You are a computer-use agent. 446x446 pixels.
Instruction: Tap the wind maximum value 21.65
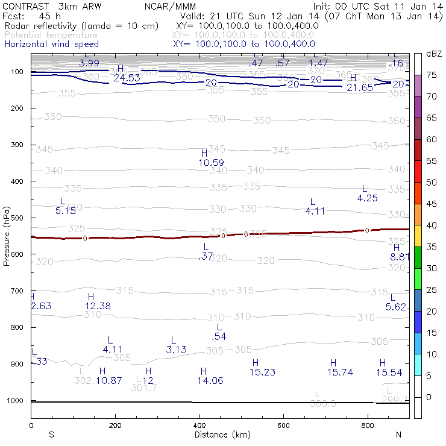tap(362, 87)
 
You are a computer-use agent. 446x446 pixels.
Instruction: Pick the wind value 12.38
tap(98, 306)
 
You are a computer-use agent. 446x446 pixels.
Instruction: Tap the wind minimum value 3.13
tap(177, 350)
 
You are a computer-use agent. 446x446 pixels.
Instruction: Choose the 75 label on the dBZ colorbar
tap(432, 75)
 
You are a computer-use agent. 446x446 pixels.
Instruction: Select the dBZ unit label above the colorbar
tap(434, 54)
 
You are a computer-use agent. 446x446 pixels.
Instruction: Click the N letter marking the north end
tap(398, 435)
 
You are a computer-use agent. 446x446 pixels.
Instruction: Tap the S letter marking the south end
tap(52, 435)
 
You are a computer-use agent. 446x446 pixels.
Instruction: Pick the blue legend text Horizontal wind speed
tap(52, 44)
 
